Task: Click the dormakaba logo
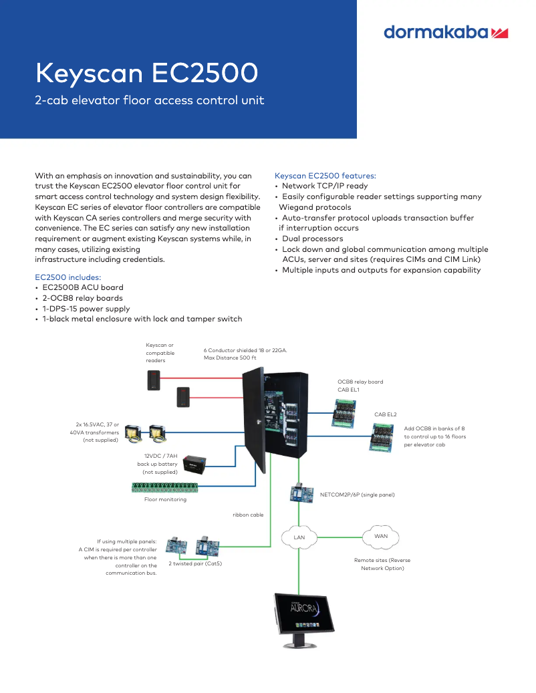click(x=446, y=32)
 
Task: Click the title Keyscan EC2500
click(x=146, y=73)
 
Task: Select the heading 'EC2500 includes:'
click(x=68, y=277)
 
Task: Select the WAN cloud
click(x=380, y=536)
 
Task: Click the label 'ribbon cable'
click(x=248, y=515)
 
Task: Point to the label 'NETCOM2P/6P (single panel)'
click(x=357, y=495)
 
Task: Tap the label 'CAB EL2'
click(x=385, y=414)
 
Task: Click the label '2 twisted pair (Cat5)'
click(x=194, y=563)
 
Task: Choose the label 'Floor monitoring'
click(x=165, y=499)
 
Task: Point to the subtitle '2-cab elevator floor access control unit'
click(x=149, y=100)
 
